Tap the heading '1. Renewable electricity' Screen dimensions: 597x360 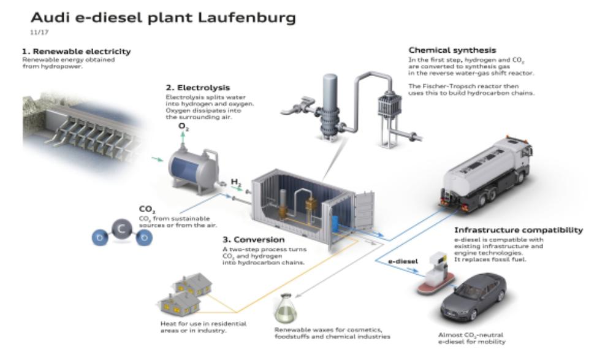[x=77, y=52]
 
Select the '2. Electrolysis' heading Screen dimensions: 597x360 [x=197, y=88]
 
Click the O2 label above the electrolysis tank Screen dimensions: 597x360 [x=183, y=126]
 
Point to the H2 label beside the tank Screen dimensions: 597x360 [x=236, y=183]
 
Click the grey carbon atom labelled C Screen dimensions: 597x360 [x=122, y=229]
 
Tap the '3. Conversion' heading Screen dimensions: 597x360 [x=254, y=240]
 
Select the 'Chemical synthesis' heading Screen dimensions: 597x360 [x=452, y=50]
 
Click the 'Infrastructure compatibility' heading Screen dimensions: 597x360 [x=519, y=230]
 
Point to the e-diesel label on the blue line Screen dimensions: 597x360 [x=403, y=261]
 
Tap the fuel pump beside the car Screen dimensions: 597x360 [x=436, y=272]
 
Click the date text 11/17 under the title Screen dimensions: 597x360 [x=39, y=33]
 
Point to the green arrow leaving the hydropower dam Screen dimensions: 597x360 [x=158, y=159]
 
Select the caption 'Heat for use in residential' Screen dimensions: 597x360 [x=203, y=324]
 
